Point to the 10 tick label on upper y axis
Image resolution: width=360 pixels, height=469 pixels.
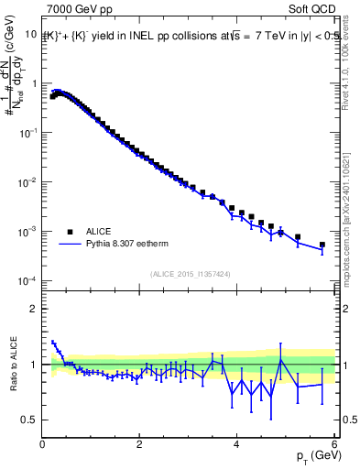pyautogui.click(x=30, y=34)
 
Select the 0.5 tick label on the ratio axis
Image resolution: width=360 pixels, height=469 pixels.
pyautogui.click(x=30, y=420)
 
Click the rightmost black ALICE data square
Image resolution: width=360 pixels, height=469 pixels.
pyautogui.click(x=322, y=245)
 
